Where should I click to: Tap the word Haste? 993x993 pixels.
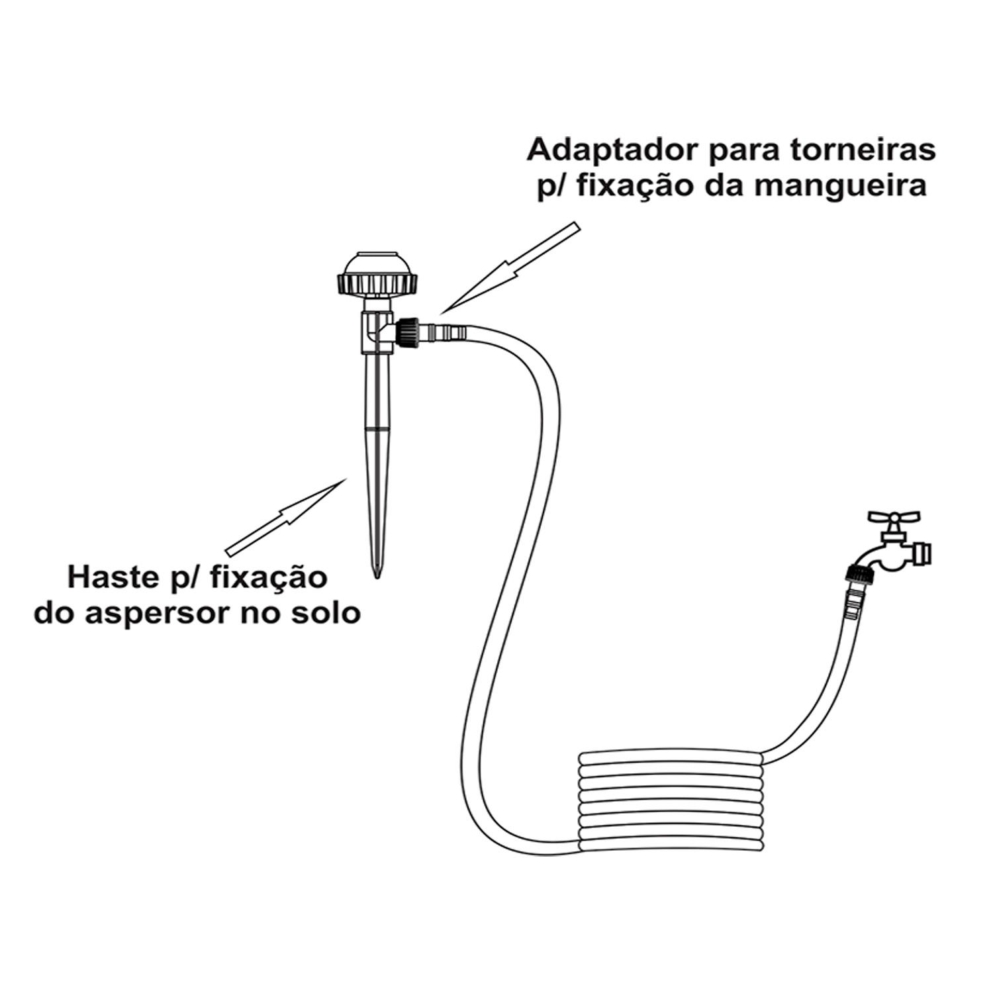click(x=109, y=577)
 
